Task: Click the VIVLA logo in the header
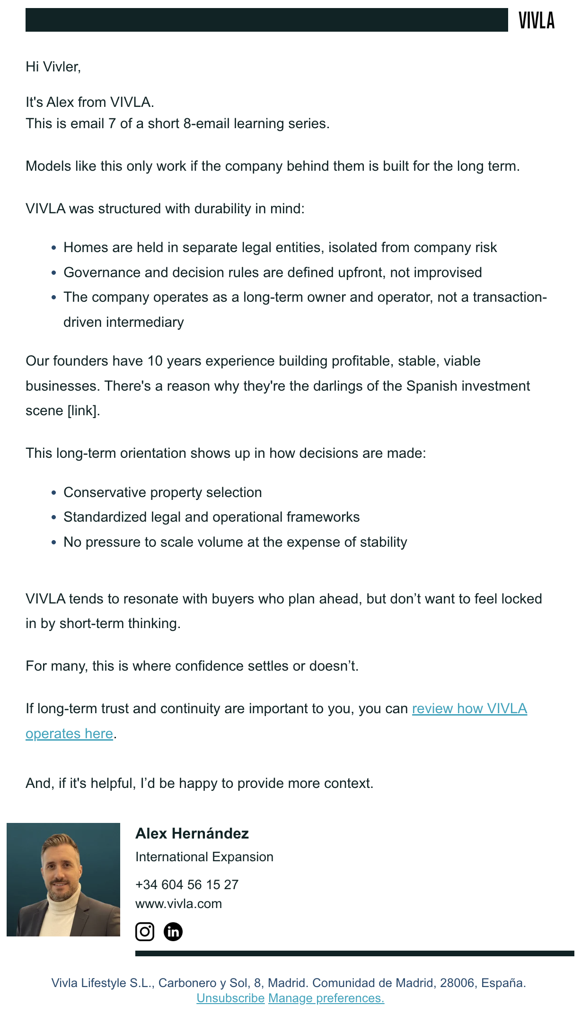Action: [536, 20]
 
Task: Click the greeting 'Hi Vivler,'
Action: [53, 67]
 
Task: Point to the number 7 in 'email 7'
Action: [112, 124]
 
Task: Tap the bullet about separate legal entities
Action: [280, 248]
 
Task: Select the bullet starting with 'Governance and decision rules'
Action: [273, 273]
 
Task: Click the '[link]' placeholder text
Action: [83, 411]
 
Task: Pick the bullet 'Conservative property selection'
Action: [162, 493]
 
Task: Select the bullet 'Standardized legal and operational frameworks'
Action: [211, 517]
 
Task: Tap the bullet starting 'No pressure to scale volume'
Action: [235, 542]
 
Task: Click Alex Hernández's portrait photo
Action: [63, 880]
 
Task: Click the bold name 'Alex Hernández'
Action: [192, 833]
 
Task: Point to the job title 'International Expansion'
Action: [204, 857]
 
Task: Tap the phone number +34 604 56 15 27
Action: [187, 885]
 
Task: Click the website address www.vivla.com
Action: [178, 904]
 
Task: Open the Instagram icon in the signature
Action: [145, 932]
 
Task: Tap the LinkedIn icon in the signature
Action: [173, 932]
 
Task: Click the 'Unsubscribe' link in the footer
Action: [230, 998]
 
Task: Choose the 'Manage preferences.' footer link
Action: [326, 998]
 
